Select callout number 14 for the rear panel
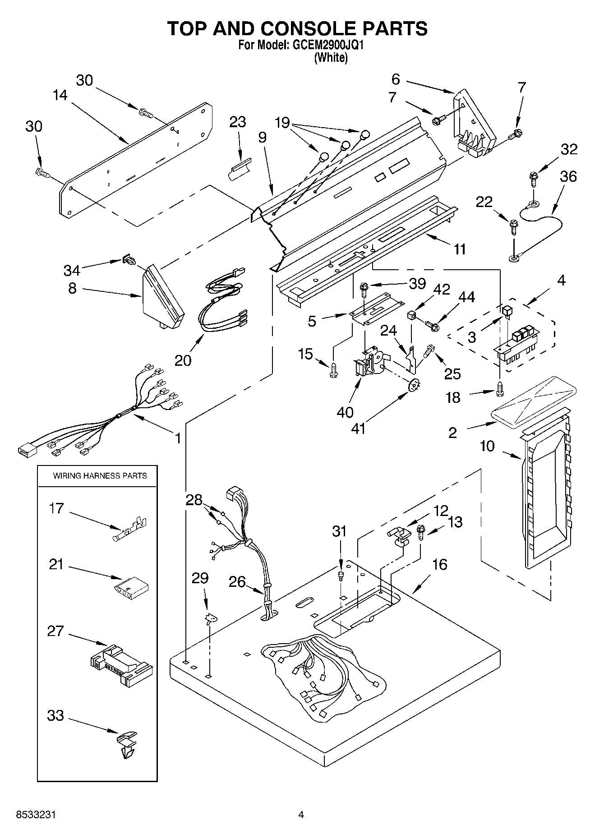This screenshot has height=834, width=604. (x=60, y=95)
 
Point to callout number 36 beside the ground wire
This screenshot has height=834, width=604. (x=568, y=176)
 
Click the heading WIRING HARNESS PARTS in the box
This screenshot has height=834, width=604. (x=100, y=475)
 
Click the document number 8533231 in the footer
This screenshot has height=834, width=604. (x=36, y=815)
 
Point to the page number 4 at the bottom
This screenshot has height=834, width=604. (x=301, y=815)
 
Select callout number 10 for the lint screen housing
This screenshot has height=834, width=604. (x=487, y=446)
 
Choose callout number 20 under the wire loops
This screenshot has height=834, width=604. (x=183, y=360)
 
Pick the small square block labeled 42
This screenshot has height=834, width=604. (x=411, y=315)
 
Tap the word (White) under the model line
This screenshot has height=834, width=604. (x=331, y=58)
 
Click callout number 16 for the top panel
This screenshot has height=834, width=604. (x=439, y=564)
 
